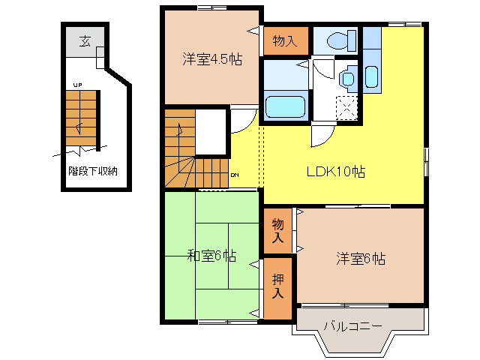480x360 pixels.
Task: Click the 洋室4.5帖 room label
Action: (x=212, y=59)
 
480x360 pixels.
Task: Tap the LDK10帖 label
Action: (x=335, y=171)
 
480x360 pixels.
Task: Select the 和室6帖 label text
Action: (x=211, y=256)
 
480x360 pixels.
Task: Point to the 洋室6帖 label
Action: (x=360, y=259)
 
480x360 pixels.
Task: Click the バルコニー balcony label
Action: (x=353, y=326)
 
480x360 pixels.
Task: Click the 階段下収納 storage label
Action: (x=93, y=171)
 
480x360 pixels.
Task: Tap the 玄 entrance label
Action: (x=85, y=40)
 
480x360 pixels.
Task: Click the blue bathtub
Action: (x=285, y=106)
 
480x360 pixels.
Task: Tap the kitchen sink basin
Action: (x=372, y=75)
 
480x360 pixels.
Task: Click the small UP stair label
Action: (x=76, y=85)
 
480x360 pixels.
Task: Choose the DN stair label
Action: (x=235, y=175)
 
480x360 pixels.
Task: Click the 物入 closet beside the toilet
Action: (x=285, y=40)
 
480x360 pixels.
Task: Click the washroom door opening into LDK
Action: (x=320, y=133)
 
